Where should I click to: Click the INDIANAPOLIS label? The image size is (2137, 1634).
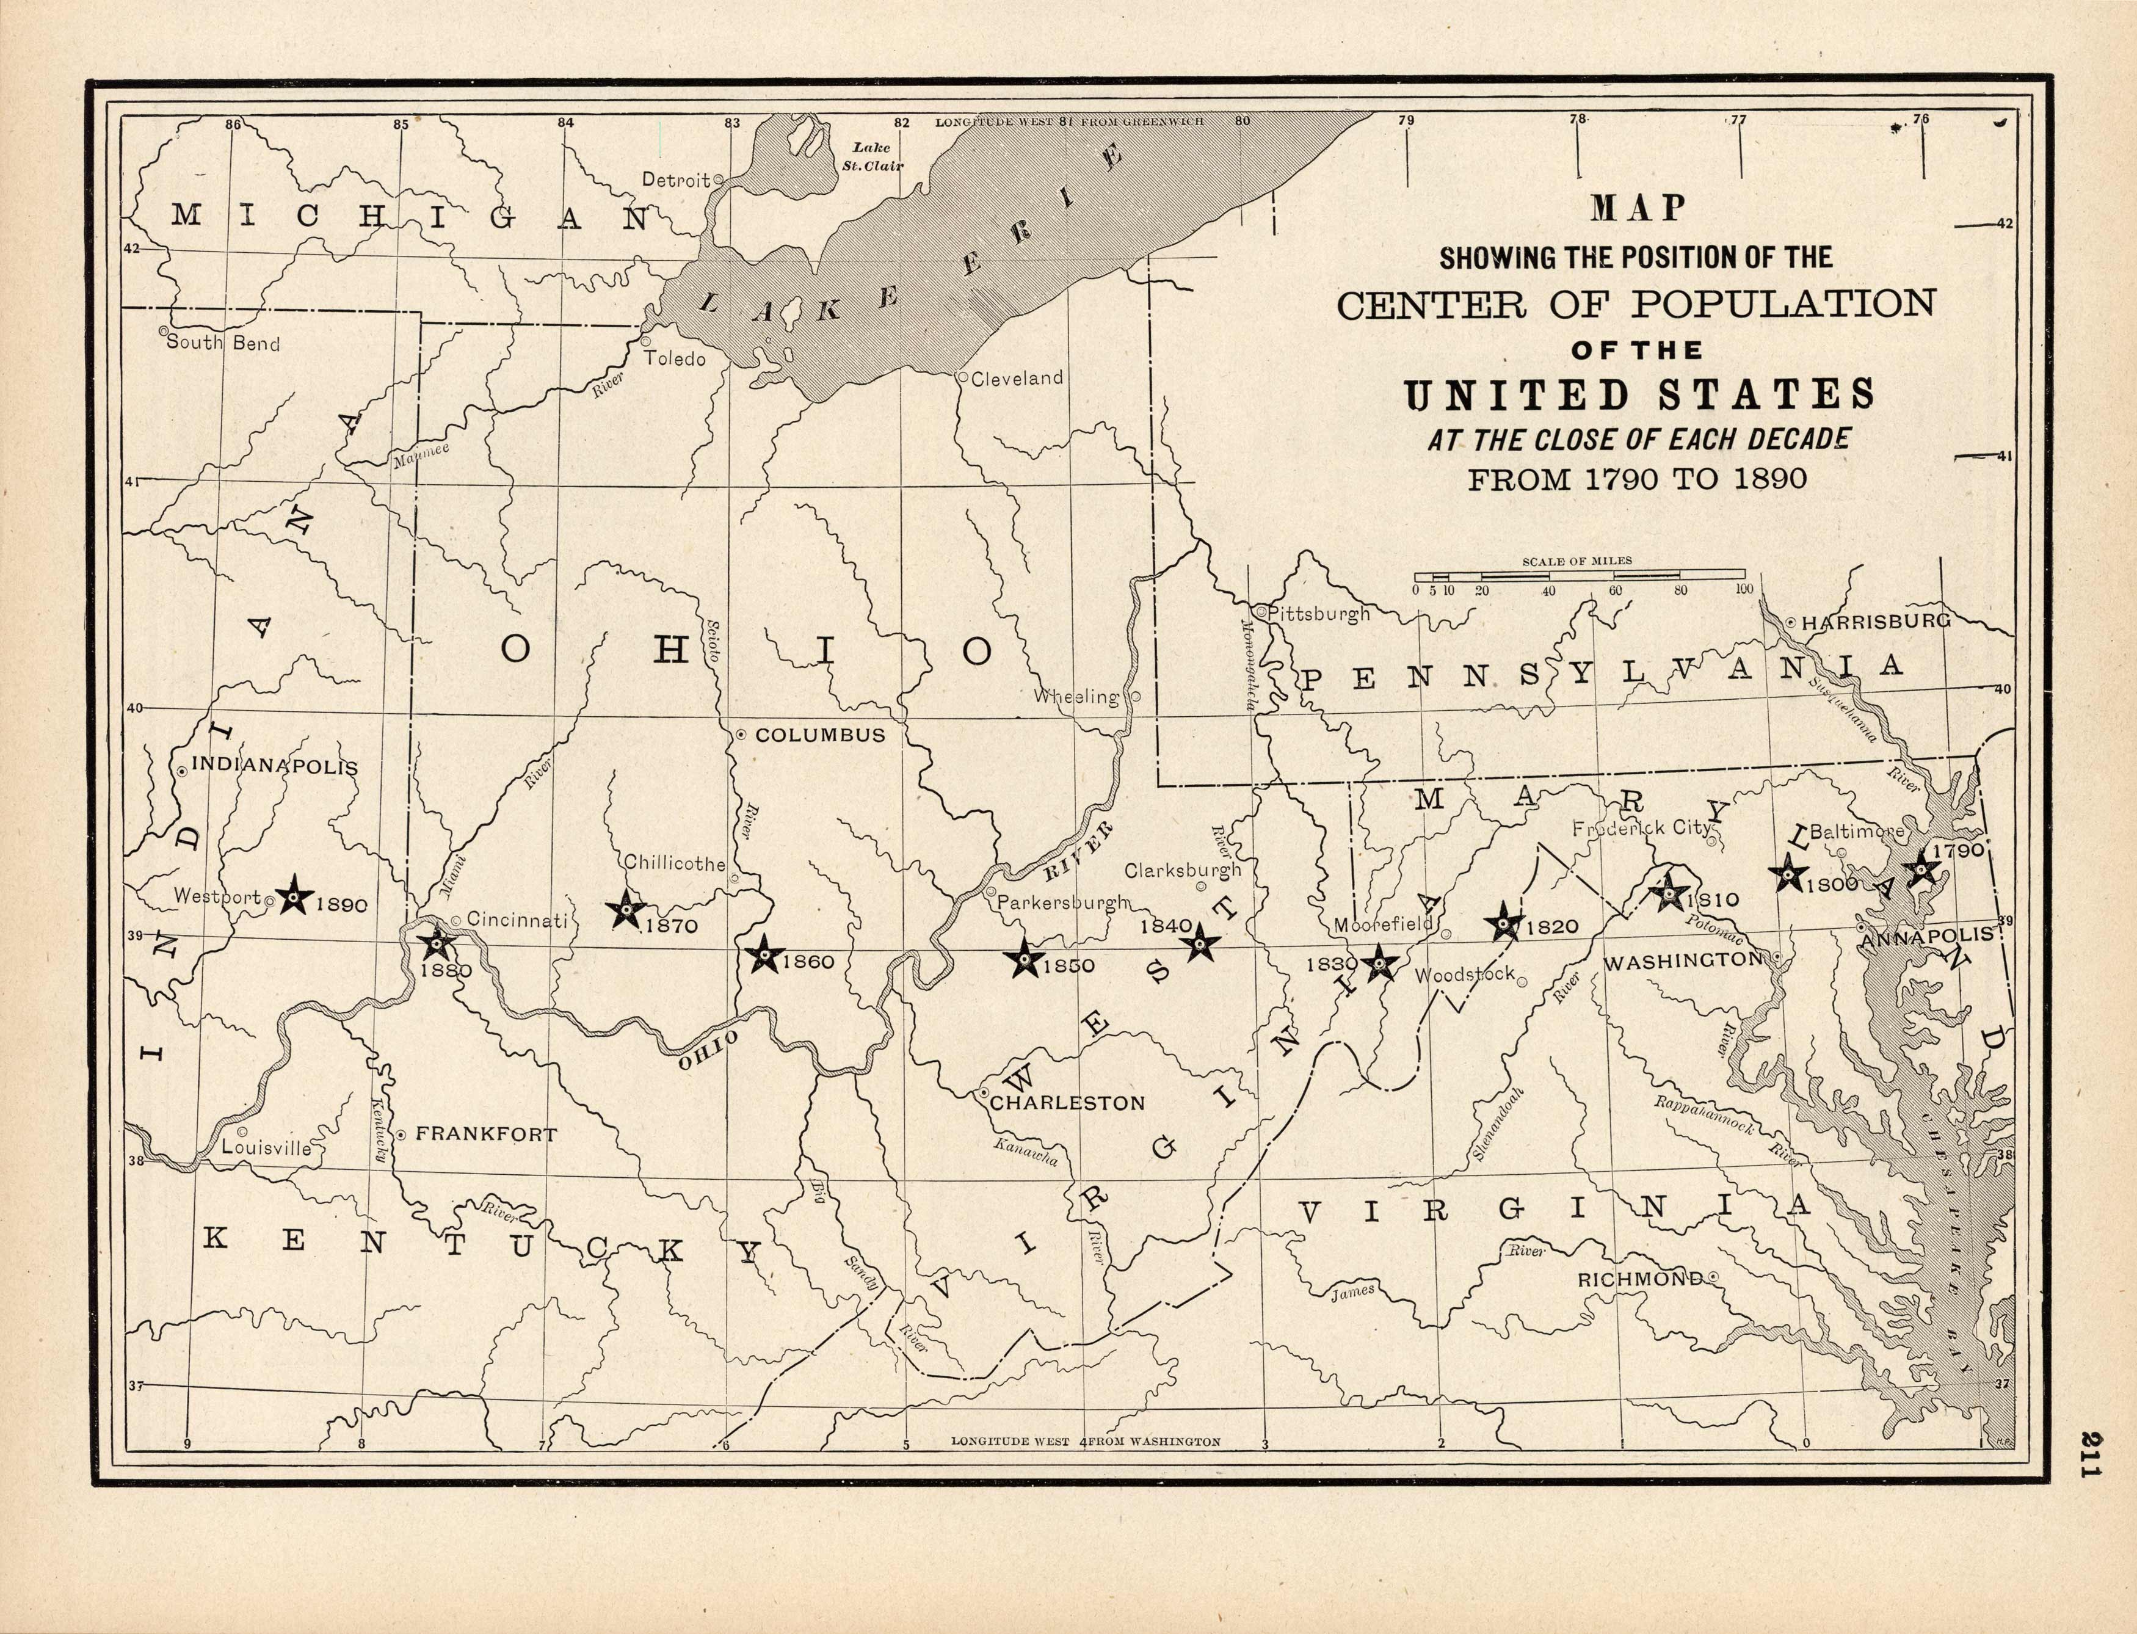274,766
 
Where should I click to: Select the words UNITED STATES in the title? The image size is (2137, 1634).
1638,395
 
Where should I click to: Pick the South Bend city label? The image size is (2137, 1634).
223,343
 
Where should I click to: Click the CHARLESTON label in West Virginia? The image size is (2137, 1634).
1066,1103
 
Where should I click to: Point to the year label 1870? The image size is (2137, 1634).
670,926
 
